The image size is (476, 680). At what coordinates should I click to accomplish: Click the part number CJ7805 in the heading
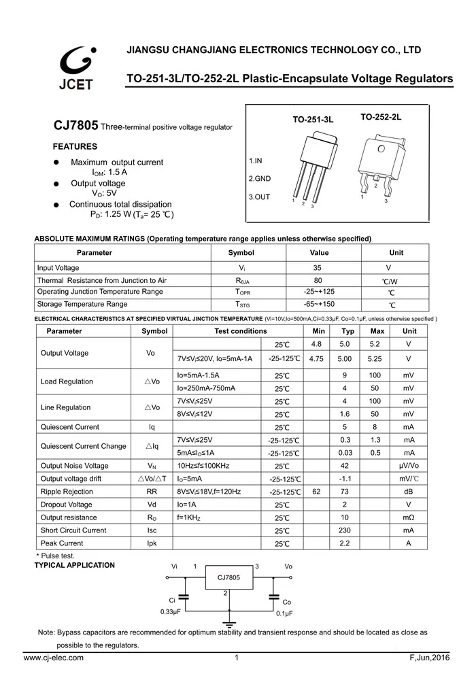pyautogui.click(x=76, y=126)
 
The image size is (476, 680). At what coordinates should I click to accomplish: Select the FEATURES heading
pyautogui.click(x=75, y=147)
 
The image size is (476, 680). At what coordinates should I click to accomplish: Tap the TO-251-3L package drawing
pyautogui.click(x=312, y=167)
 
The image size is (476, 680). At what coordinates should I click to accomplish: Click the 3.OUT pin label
pyautogui.click(x=259, y=197)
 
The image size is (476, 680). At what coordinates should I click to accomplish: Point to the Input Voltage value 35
pyautogui.click(x=318, y=268)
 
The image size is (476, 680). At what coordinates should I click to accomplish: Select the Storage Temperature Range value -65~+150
pyautogui.click(x=319, y=305)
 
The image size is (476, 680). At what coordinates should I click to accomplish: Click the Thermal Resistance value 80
pyautogui.click(x=318, y=280)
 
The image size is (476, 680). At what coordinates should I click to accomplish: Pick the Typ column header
pyautogui.click(x=348, y=331)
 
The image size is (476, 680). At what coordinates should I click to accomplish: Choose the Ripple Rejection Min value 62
pyautogui.click(x=316, y=492)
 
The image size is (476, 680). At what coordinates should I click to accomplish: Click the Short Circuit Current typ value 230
pyautogui.click(x=345, y=530)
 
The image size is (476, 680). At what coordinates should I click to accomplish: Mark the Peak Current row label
pyautogui.click(x=62, y=543)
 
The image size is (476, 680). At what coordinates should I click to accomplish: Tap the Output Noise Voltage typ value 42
pyautogui.click(x=345, y=466)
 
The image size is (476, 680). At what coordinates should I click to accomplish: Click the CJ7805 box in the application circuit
pyautogui.click(x=228, y=577)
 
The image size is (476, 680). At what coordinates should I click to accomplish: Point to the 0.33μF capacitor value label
pyautogui.click(x=171, y=612)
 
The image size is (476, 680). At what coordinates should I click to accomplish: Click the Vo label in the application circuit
pyautogui.click(x=288, y=566)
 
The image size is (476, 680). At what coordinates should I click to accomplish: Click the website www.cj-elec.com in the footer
pyautogui.click(x=54, y=658)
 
